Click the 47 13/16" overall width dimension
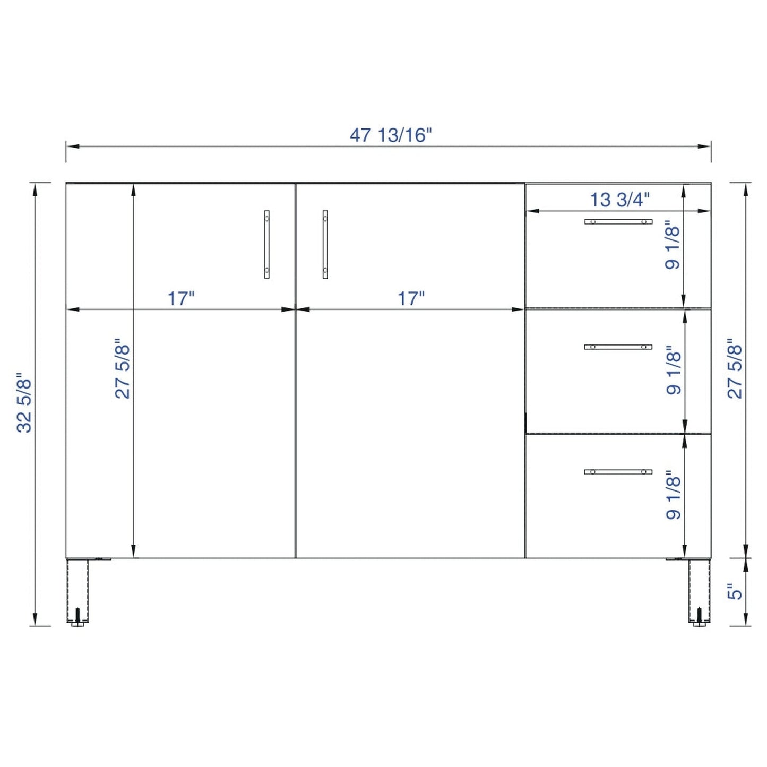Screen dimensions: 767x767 [x=391, y=135]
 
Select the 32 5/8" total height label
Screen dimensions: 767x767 [x=24, y=403]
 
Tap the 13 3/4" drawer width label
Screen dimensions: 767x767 [x=619, y=200]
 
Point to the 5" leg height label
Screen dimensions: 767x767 [x=735, y=602]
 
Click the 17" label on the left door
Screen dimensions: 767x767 [x=181, y=298]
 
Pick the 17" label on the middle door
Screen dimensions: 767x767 [x=411, y=298]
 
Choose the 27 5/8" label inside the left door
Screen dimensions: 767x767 [x=123, y=368]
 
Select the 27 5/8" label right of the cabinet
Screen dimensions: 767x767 [x=735, y=368]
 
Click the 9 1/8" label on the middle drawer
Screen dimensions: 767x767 [x=674, y=370]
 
